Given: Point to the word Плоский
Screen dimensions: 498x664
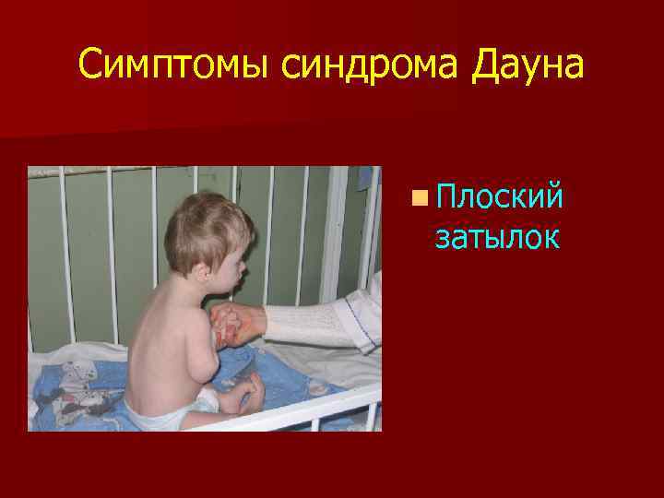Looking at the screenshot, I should click(x=499, y=196).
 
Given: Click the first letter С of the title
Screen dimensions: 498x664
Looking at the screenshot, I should click(x=89, y=65).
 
